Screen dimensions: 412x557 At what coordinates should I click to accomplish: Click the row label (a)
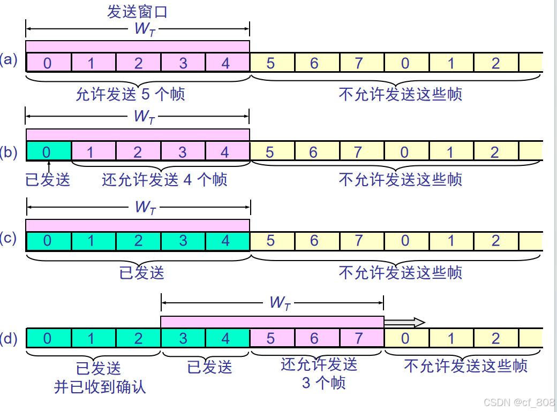point(9,59)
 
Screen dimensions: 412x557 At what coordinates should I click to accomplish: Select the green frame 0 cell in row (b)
point(48,152)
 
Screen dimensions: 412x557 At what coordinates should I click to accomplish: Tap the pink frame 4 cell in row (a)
point(226,63)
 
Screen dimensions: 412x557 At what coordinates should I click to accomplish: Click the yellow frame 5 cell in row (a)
point(270,63)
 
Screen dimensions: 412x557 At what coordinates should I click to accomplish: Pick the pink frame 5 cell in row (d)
point(270,338)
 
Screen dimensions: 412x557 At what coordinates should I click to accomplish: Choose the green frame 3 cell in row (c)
point(183,240)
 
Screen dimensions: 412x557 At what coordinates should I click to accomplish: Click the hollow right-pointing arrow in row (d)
point(404,322)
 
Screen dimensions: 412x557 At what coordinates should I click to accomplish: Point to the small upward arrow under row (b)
point(48,164)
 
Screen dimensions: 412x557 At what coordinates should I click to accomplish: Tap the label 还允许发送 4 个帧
point(164,180)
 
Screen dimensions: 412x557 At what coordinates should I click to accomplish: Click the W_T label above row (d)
point(280,303)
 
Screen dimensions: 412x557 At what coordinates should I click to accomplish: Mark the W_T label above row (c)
point(145,207)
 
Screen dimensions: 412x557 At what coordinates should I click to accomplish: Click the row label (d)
point(9,338)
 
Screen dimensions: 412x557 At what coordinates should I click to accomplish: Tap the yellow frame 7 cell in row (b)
point(358,152)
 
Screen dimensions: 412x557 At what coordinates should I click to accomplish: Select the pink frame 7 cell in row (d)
point(359,338)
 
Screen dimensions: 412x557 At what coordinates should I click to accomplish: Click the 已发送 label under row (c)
point(141,273)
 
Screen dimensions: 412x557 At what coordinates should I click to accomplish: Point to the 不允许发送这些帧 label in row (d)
point(465,366)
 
